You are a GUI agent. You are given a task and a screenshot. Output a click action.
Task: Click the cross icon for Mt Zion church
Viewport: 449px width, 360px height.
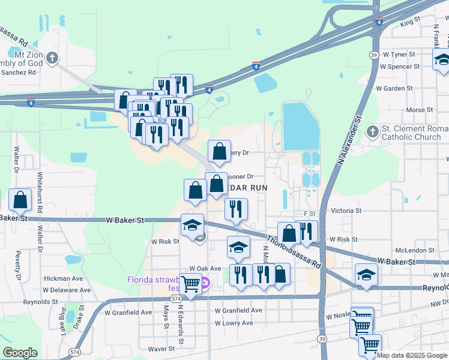tap(52, 58)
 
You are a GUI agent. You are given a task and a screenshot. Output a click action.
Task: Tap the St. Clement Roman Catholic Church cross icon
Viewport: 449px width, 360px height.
tap(373, 131)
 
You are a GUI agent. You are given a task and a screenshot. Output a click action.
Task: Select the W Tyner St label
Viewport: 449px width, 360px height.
tap(399, 54)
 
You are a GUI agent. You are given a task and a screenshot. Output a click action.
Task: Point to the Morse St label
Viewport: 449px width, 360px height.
tap(420, 110)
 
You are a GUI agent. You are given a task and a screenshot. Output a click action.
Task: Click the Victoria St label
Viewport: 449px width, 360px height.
tap(346, 211)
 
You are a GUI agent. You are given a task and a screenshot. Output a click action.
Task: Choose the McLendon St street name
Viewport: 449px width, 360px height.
tap(414, 250)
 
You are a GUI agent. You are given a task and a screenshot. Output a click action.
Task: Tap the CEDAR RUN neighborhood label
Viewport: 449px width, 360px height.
tap(245, 187)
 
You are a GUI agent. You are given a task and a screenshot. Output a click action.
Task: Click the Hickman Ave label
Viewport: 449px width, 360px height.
tap(63, 278)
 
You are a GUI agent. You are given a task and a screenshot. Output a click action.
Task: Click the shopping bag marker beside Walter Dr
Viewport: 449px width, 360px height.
tap(20, 200)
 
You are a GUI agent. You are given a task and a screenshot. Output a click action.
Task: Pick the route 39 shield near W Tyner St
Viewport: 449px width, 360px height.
tap(374, 55)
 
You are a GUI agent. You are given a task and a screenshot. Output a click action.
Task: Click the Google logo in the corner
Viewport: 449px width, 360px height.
tap(20, 353)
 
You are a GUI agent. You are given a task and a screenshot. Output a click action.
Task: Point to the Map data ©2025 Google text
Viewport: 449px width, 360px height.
tap(411, 355)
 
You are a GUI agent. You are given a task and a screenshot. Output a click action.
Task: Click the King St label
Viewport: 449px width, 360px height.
tap(410, 22)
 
